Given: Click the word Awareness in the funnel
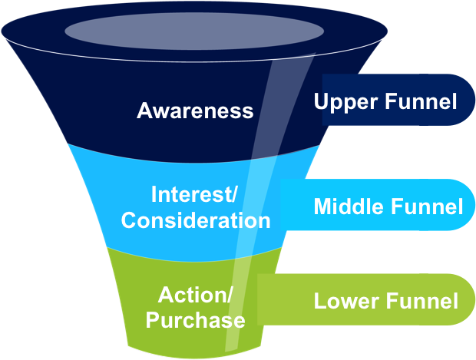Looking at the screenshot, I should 195,111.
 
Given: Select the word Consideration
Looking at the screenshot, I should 196,221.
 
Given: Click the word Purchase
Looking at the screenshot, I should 196,319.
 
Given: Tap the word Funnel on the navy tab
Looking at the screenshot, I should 418,101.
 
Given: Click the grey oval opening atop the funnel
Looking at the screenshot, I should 193,31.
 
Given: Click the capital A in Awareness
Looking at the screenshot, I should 144,111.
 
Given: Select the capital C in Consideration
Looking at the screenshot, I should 128,221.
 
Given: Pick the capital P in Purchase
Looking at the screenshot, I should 151,319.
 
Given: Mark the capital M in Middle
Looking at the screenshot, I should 322,206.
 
